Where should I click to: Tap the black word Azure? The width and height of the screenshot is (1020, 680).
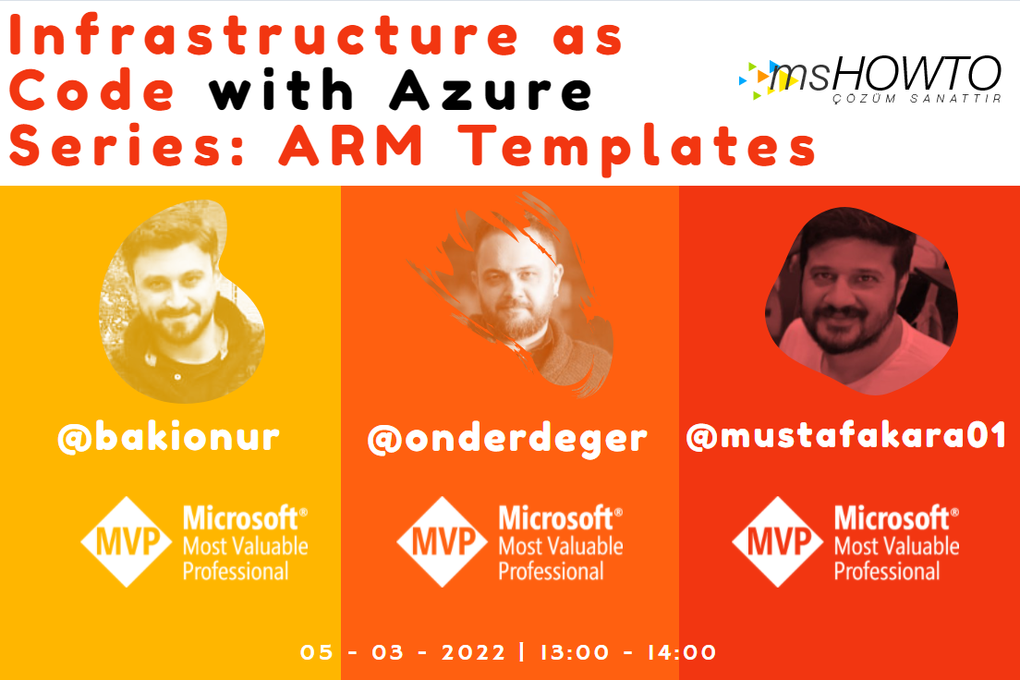coord(492,90)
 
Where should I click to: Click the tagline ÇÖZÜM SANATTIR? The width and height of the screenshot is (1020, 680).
coord(917,99)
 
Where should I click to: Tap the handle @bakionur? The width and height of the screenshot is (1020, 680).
coord(168,437)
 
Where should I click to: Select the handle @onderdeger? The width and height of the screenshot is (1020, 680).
coord(507,439)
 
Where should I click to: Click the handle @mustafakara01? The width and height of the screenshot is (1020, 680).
coord(846,436)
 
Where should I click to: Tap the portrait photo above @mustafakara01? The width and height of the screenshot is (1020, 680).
coord(861,301)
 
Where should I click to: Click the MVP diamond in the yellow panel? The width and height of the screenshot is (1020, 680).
coord(127,541)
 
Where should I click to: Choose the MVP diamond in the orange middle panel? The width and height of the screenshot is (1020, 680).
coord(442,541)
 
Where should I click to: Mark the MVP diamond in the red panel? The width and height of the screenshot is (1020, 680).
coord(777,541)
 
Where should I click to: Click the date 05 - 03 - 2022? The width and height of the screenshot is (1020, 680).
coord(403,652)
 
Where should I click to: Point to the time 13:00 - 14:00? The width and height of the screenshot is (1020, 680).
coord(628,652)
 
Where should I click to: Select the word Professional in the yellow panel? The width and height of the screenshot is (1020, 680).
coord(236,571)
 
